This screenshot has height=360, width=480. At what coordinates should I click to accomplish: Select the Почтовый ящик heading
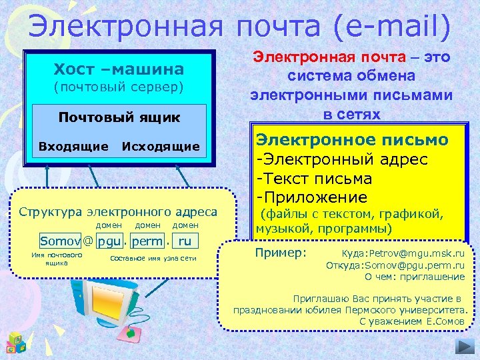click(x=119, y=117)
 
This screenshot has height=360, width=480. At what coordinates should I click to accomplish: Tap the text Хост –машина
click(x=119, y=69)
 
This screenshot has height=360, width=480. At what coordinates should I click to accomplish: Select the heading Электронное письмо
click(x=352, y=140)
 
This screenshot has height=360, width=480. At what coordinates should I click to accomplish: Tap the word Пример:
click(x=281, y=253)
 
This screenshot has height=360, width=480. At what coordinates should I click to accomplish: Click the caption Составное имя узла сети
click(x=153, y=258)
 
